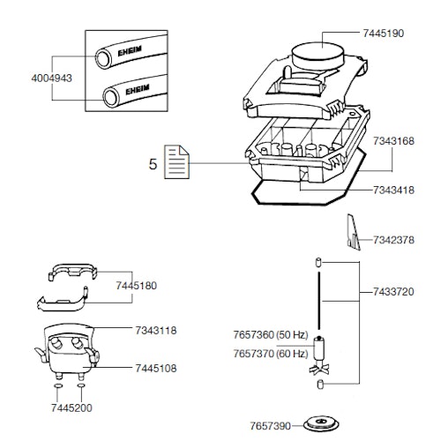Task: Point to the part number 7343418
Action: pos(393,190)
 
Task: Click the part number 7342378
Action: pos(393,240)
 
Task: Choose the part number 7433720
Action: pos(393,291)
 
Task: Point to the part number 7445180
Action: pos(137,286)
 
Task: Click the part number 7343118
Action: pos(156,330)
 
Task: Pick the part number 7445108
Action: pos(156,367)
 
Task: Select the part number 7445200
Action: pos(71,408)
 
